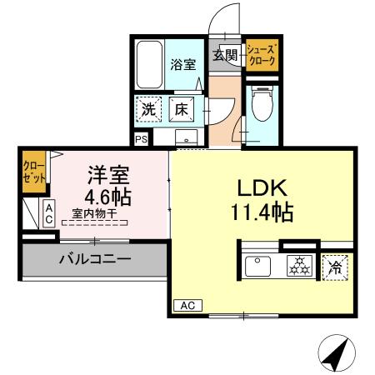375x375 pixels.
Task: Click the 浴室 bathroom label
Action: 183,63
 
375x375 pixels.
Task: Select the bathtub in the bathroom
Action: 150,64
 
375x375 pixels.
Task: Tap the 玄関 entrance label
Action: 225,56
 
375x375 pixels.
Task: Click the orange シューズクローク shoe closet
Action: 262,55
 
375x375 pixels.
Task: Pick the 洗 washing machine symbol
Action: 148,108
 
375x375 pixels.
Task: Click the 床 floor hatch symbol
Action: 181,108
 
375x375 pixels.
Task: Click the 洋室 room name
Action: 108,176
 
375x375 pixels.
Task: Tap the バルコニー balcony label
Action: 94,260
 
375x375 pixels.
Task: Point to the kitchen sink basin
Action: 258,267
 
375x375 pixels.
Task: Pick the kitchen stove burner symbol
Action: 297,267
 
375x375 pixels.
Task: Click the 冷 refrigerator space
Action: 334,267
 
